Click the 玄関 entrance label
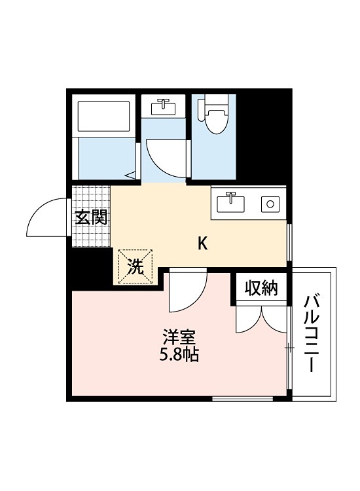coord(91,217)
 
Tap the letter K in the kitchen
coord(203,244)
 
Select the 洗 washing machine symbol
coord(135,266)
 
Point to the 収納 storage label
coord(262,288)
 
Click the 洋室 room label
coord(179,338)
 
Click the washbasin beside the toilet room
coord(163,106)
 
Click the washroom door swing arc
coord(164,157)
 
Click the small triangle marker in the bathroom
coord(131,175)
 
